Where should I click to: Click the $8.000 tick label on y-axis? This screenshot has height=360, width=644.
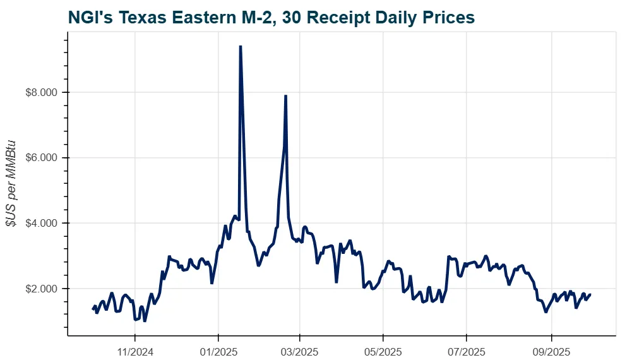point(42,92)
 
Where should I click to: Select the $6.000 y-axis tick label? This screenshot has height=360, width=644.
point(42,157)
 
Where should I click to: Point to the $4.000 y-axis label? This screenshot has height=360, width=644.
point(42,223)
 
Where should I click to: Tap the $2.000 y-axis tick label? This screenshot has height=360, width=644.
point(42,289)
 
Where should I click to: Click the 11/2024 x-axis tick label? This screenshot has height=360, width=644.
point(135,349)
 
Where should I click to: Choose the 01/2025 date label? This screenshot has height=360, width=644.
point(218,349)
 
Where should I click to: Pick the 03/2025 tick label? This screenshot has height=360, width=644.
point(300,349)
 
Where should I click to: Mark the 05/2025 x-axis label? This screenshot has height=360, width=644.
point(383,349)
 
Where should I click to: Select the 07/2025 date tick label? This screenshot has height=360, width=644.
point(466,349)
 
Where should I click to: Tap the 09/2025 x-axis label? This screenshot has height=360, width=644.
point(551,349)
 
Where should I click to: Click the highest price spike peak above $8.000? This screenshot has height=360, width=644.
point(241,46)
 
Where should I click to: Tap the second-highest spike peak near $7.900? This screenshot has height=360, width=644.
point(286,96)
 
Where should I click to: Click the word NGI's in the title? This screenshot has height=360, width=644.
point(89,17)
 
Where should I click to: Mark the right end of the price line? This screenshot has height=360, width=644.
point(590,294)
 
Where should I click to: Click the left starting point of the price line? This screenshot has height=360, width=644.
point(93,309)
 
